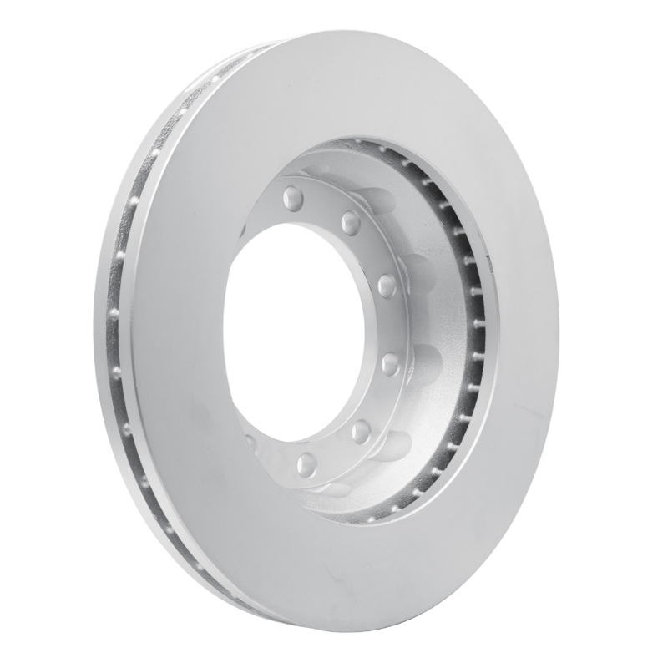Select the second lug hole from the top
click(x=352, y=222)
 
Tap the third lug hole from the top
click(x=386, y=286)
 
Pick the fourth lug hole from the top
click(x=390, y=362)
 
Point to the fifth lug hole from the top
click(x=362, y=429)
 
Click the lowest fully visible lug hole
click(x=305, y=460)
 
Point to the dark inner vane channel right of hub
click(x=468, y=334)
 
